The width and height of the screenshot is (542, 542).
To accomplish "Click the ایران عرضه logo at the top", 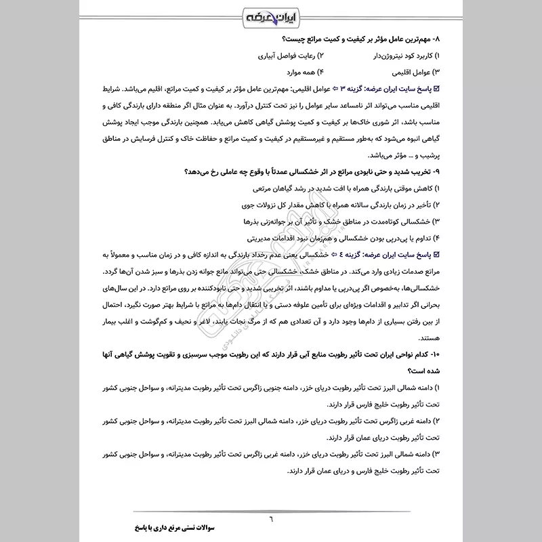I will tap(271, 15).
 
